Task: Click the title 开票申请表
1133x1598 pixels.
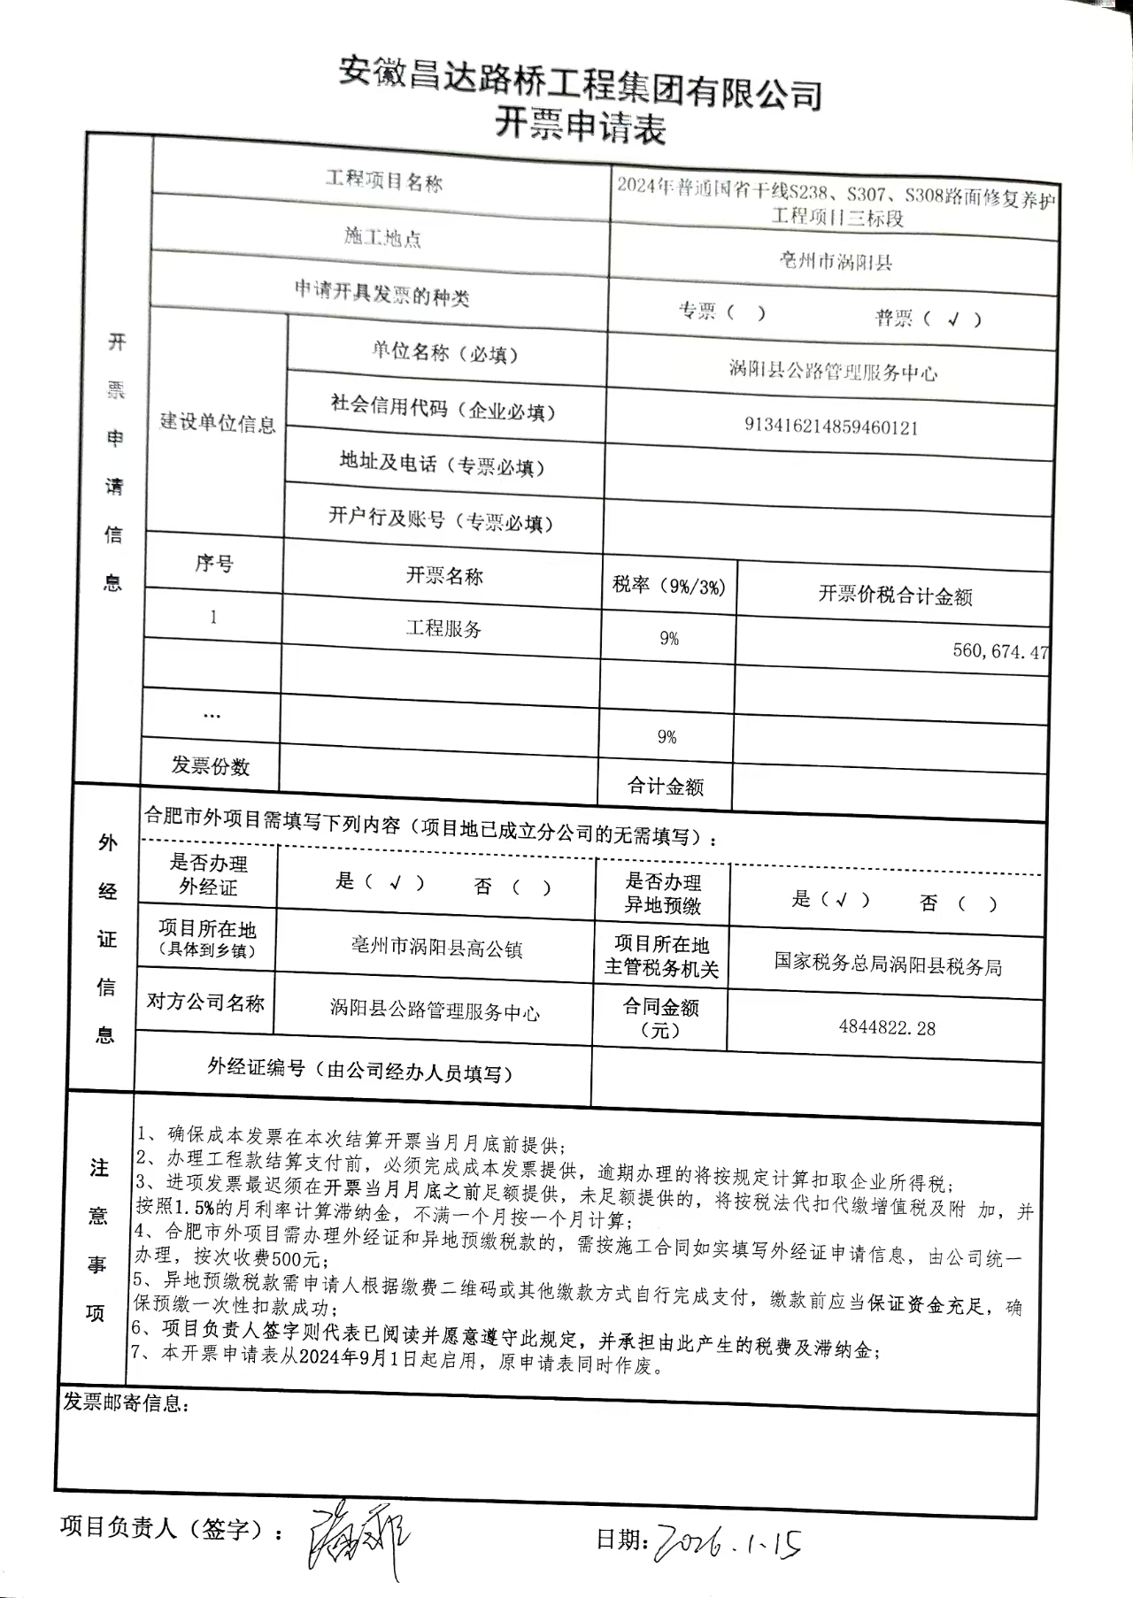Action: coord(579,126)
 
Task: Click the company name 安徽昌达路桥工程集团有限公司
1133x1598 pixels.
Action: coord(581,86)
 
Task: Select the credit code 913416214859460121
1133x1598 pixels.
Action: coord(831,427)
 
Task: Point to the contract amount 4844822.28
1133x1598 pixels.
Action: coord(887,1028)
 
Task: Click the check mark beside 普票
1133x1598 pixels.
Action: coord(952,319)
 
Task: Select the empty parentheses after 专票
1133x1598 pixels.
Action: coord(745,312)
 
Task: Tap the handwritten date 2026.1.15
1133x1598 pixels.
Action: coord(726,1543)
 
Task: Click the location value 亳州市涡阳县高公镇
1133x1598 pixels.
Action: coord(436,949)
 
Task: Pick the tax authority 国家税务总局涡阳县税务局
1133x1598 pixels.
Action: coord(888,965)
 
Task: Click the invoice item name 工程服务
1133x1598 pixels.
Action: coord(443,629)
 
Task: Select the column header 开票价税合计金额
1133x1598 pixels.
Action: coord(895,595)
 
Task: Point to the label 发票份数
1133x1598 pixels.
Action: coord(211,765)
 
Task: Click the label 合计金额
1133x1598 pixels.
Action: coord(666,786)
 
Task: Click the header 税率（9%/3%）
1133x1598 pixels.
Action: coord(669,585)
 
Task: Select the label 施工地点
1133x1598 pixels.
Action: coord(382,237)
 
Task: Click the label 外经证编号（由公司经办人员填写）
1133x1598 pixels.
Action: coord(360,1071)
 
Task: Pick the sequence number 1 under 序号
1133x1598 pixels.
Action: coord(213,617)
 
